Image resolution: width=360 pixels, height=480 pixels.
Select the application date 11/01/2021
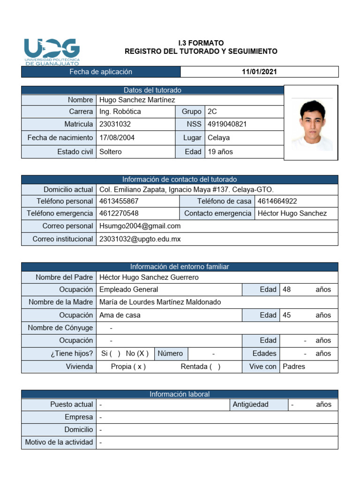[259, 72]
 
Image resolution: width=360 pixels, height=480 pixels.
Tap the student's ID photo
[311, 123]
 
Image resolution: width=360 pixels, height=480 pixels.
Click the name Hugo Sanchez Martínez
[137, 99]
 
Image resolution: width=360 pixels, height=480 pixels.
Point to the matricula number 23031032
[115, 124]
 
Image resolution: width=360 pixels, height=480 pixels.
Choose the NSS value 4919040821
[227, 124]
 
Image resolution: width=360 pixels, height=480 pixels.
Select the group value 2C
[212, 112]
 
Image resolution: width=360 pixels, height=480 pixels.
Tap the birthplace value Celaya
[218, 138]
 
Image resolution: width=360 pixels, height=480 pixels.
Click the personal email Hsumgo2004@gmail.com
[140, 226]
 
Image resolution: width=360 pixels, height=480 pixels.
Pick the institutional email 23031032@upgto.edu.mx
[140, 239]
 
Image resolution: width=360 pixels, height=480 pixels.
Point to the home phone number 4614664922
[277, 201]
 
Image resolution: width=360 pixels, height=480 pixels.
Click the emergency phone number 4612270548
[119, 213]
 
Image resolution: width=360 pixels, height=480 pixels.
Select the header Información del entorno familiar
[180, 267]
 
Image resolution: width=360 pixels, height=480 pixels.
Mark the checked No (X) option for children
[137, 353]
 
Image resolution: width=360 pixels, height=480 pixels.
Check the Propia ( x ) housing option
[128, 367]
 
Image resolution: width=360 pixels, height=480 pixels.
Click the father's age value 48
[287, 290]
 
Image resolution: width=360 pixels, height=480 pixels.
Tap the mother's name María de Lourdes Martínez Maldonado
[160, 302]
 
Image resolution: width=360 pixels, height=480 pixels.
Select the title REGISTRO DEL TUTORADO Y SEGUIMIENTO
[201, 52]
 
